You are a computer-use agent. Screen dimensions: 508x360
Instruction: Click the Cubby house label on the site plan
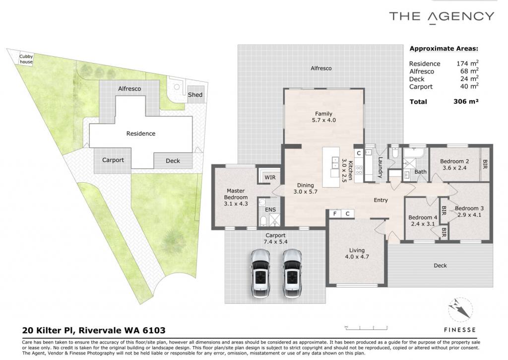pyautogui.click(x=26, y=59)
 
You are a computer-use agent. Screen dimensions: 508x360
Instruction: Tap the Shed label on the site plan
pyautogui.click(x=195, y=95)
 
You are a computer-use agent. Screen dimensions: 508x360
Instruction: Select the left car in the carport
pyautogui.click(x=260, y=273)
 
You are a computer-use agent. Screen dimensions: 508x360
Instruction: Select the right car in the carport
pyautogui.click(x=292, y=273)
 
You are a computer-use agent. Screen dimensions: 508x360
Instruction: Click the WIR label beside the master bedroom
pyautogui.click(x=270, y=177)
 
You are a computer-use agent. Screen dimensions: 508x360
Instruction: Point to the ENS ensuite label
pyautogui.click(x=270, y=210)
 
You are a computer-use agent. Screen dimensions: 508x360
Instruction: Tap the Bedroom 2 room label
pyautogui.click(x=454, y=161)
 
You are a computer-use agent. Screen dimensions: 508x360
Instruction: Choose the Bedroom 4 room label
pyautogui.click(x=423, y=217)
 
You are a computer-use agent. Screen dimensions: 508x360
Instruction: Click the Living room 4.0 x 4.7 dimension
pyautogui.click(x=357, y=257)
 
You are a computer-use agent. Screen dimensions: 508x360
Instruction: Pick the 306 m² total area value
pyautogui.click(x=466, y=101)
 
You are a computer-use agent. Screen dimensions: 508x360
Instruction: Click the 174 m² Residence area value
pyautogui.click(x=467, y=63)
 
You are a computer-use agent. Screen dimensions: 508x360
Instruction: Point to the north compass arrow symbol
pyautogui.click(x=460, y=309)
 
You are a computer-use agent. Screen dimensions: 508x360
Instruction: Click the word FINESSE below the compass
pyautogui.click(x=460, y=330)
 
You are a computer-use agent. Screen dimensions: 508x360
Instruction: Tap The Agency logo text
pyautogui.click(x=442, y=17)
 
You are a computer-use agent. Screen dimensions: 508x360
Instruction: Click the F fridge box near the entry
pyautogui.click(x=335, y=214)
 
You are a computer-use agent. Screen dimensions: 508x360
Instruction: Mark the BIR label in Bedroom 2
pyautogui.click(x=485, y=164)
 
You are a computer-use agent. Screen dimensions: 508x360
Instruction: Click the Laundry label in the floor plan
pyautogui.click(x=381, y=167)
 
